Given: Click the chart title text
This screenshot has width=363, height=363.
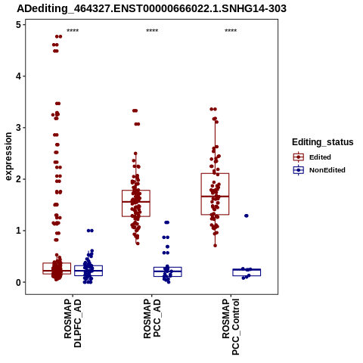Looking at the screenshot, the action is (x=151, y=8).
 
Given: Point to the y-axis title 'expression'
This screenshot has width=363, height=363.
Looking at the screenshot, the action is (x=8, y=157).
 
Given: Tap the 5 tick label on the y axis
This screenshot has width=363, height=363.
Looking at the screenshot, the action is (x=19, y=25).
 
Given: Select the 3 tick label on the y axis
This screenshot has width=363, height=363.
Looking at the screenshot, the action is (x=19, y=128).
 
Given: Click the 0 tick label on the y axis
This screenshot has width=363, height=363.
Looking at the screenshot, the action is (x=19, y=282).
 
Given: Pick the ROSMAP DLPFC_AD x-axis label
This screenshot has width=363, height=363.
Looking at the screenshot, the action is (x=73, y=323).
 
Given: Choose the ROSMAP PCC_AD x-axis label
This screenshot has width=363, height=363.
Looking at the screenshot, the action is (x=152, y=318).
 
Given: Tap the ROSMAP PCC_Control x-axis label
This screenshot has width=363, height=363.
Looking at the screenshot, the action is (x=231, y=327).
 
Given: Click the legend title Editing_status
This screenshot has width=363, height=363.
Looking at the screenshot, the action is (x=323, y=142).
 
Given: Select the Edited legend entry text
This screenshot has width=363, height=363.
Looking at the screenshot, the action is (x=320, y=157).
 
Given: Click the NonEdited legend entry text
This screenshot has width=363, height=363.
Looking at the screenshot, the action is (x=327, y=170).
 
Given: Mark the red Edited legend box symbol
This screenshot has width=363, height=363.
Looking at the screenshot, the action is (x=299, y=157).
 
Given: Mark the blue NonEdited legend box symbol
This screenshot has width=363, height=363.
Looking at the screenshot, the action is (x=299, y=170).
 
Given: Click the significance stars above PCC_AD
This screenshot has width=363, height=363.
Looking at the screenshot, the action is (x=152, y=31).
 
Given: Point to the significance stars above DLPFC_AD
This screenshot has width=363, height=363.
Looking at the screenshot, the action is (x=73, y=31).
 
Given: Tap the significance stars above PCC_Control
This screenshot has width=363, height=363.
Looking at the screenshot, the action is (x=231, y=31).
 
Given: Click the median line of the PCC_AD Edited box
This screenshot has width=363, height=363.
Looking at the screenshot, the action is (x=136, y=202).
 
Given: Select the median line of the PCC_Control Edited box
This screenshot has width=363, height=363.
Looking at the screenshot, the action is (x=215, y=196).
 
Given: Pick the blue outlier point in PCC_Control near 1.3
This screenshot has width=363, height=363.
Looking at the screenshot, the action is (x=247, y=216).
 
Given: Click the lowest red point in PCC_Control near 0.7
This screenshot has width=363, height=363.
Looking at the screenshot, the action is (x=215, y=246).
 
